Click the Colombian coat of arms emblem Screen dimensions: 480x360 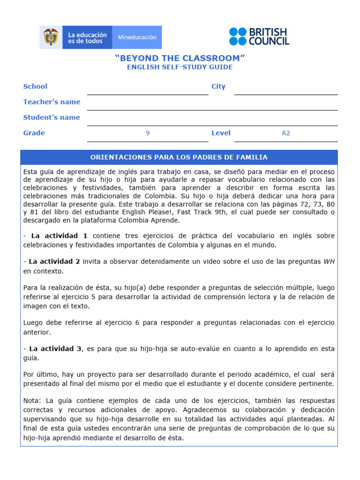tap(51, 37)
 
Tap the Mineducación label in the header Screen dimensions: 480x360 tap(137, 37)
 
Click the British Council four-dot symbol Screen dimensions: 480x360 tap(237, 37)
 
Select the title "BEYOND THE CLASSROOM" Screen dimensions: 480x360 tap(180, 58)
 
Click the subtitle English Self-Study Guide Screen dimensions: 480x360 tap(180, 67)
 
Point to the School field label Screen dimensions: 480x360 tap(35, 86)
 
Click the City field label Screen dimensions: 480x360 tap(218, 86)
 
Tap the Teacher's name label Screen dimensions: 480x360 tap(52, 102)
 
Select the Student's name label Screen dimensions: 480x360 tap(52, 117)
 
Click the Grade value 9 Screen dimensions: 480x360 tap(148, 133)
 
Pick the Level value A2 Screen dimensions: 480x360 tap(286, 133)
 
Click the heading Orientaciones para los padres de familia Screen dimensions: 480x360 tap(179, 157)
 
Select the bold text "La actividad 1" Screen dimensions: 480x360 tap(59, 236)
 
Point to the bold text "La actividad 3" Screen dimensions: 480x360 tap(55, 348)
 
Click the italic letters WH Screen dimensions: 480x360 tap(329, 262)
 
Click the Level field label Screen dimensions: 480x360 tap(221, 133)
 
